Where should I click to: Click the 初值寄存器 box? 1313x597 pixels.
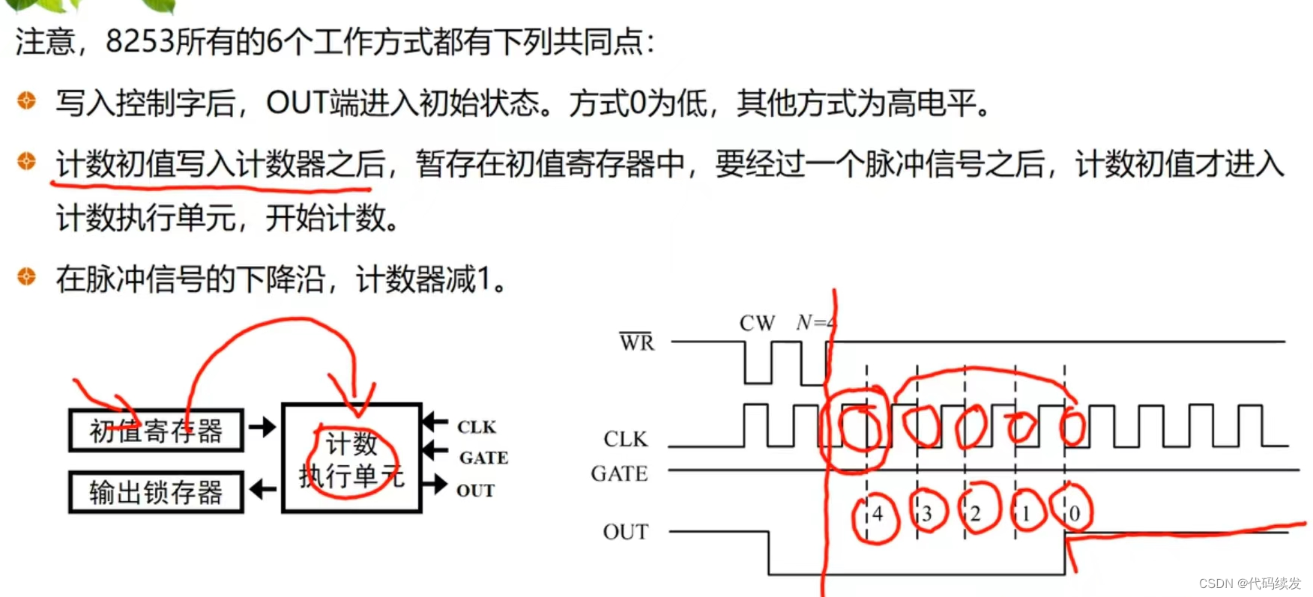point(156,431)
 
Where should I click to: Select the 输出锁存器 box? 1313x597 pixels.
point(156,492)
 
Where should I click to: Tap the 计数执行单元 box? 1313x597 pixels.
point(351,458)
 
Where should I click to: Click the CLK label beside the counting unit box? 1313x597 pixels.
point(477,427)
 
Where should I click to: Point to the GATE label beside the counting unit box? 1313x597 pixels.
point(483,458)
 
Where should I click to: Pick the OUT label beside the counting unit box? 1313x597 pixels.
point(475,491)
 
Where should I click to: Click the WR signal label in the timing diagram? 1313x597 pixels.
point(636,342)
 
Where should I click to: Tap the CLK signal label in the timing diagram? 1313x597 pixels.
point(625,439)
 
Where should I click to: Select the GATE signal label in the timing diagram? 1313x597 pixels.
point(619,473)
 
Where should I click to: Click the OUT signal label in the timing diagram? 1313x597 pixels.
point(625,532)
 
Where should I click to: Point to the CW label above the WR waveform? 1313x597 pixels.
point(756,324)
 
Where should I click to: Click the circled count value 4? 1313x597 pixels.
point(877,515)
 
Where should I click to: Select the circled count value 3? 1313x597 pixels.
point(927,514)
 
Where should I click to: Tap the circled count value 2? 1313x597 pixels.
point(976,514)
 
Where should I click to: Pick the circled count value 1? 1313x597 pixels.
point(1026,514)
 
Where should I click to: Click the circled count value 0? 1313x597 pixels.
point(1075,514)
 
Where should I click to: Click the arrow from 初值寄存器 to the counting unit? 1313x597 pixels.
point(262,428)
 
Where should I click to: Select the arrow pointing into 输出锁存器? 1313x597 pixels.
point(262,490)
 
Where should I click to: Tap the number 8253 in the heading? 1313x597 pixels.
point(139,41)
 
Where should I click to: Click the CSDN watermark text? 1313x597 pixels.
point(1249,584)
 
